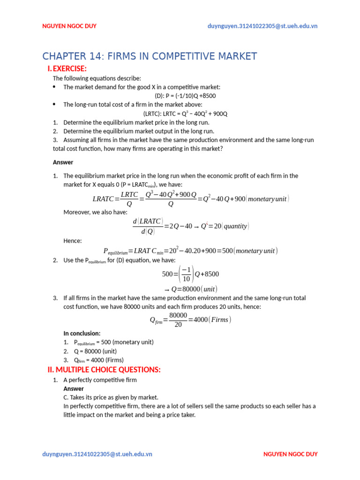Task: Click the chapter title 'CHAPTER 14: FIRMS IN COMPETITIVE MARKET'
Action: tap(150, 56)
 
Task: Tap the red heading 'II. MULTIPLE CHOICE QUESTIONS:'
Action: tap(104, 370)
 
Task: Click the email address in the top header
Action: tap(262, 26)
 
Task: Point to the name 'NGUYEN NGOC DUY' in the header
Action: tap(69, 26)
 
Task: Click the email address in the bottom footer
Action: tap(97, 454)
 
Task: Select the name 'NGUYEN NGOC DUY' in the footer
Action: tap(290, 454)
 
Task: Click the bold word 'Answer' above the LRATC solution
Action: tap(63, 162)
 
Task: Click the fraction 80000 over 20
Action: tap(178, 320)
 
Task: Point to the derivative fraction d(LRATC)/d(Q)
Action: tap(148, 226)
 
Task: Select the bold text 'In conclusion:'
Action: tap(82, 333)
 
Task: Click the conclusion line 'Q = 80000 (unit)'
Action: tap(90, 351)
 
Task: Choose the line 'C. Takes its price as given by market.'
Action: tap(111, 397)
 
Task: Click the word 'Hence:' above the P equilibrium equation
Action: tap(73, 240)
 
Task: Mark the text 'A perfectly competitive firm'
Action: tap(100, 380)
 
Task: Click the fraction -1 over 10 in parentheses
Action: tap(186, 274)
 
